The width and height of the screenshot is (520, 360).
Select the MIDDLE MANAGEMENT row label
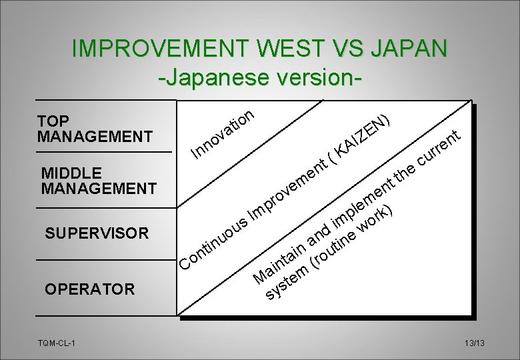click(x=98, y=181)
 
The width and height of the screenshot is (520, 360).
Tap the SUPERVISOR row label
click(x=97, y=233)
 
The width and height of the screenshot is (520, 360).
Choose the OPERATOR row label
click(x=89, y=289)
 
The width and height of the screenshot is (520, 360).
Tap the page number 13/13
click(x=475, y=343)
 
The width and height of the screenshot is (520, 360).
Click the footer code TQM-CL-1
click(x=57, y=343)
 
